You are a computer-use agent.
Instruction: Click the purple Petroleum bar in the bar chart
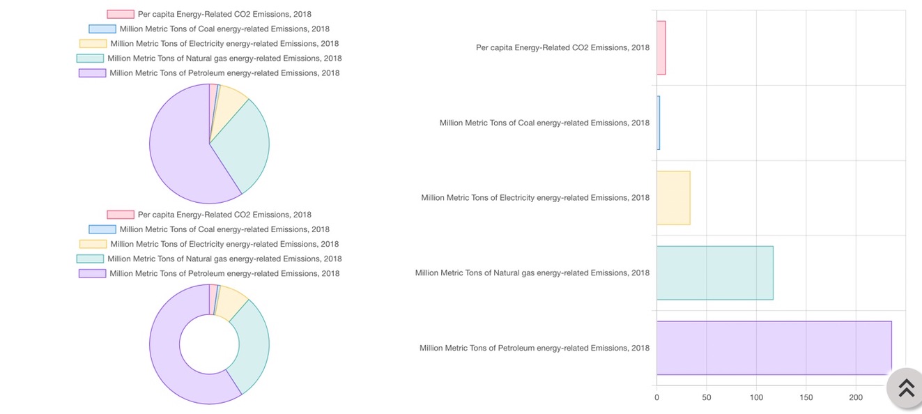pos(774,348)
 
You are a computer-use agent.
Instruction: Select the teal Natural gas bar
pos(714,273)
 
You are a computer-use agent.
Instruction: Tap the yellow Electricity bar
pos(673,198)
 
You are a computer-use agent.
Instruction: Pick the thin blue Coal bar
pos(658,123)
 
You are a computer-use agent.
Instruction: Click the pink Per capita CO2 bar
pos(661,47)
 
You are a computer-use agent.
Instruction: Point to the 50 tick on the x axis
pos(707,397)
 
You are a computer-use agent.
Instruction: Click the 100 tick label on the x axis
pos(756,397)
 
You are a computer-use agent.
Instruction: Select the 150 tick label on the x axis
pos(806,397)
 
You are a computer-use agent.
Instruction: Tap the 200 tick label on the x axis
pos(856,397)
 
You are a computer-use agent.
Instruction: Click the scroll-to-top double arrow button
pos(906,388)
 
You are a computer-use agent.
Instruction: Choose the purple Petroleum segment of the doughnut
pos(165,348)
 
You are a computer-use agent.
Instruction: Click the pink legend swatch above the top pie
pos(121,14)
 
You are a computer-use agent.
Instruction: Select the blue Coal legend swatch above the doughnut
pos(102,229)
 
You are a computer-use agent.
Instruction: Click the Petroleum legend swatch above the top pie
pos(92,73)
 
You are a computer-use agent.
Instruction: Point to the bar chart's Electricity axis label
pos(535,198)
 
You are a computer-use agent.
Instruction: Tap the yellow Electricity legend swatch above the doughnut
pos(93,244)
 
